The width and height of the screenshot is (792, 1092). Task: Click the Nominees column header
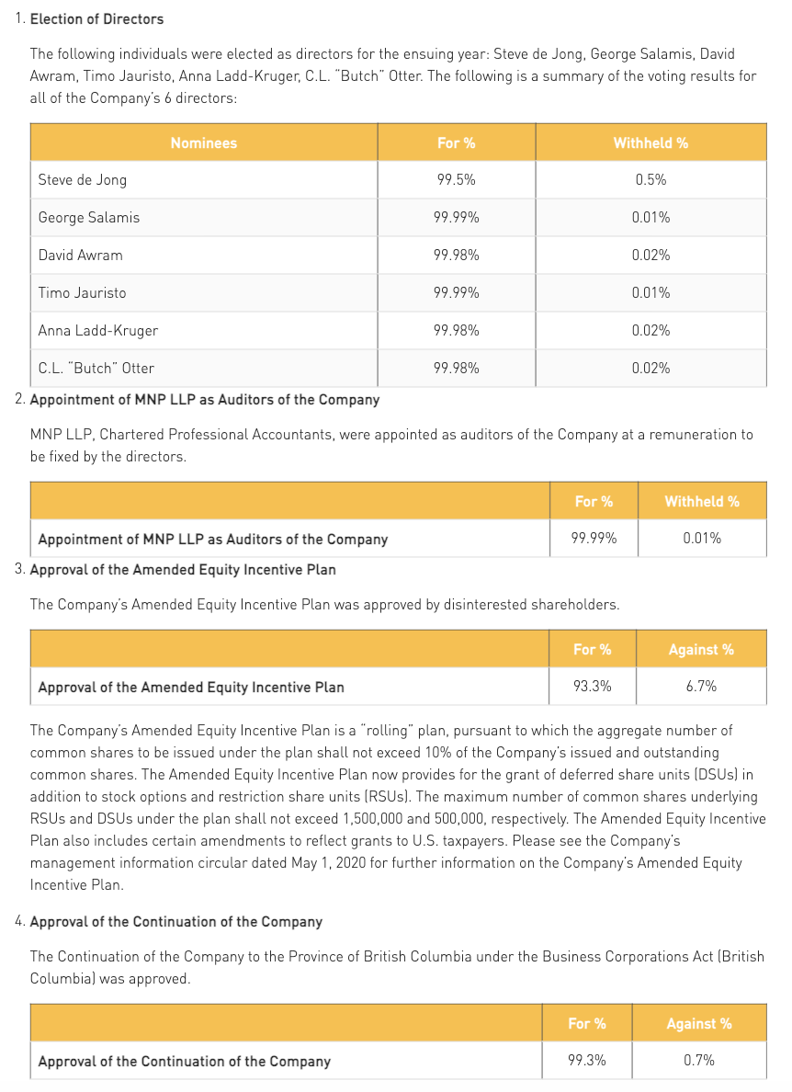(203, 142)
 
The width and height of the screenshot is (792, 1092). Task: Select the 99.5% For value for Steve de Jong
(456, 180)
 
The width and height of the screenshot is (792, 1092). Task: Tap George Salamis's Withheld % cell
(651, 218)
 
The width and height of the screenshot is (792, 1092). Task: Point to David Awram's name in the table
(80, 256)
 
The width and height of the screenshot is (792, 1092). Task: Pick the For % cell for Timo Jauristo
(456, 293)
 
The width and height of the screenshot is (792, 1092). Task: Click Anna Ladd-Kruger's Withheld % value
(651, 330)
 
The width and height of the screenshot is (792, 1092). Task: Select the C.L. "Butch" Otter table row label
(96, 368)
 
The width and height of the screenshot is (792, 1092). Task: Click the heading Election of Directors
(96, 18)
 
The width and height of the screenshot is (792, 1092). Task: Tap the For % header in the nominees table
(456, 142)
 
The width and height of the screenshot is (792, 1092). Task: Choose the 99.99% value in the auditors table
(594, 539)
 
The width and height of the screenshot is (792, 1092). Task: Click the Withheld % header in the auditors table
(702, 501)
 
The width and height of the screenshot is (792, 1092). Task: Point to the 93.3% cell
(593, 686)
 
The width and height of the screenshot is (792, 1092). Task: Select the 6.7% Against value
(701, 686)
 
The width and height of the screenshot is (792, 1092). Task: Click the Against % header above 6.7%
(701, 649)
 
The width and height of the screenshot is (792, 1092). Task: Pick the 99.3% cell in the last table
(587, 1060)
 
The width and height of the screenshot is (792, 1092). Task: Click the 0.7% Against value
(699, 1060)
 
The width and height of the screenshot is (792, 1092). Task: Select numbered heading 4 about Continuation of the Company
(175, 922)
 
